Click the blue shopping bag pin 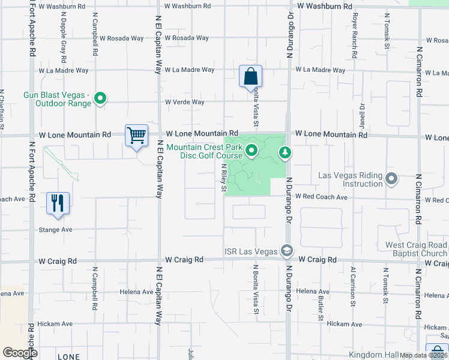(x=250, y=77)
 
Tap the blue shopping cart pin (x=136, y=136)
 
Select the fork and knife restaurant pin (x=58, y=203)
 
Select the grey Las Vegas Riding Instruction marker (x=391, y=178)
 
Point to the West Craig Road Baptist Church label (x=416, y=250)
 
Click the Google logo (x=19, y=353)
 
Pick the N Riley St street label (x=223, y=178)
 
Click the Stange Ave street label (x=55, y=229)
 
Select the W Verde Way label (x=185, y=102)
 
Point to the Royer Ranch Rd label (x=355, y=31)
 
